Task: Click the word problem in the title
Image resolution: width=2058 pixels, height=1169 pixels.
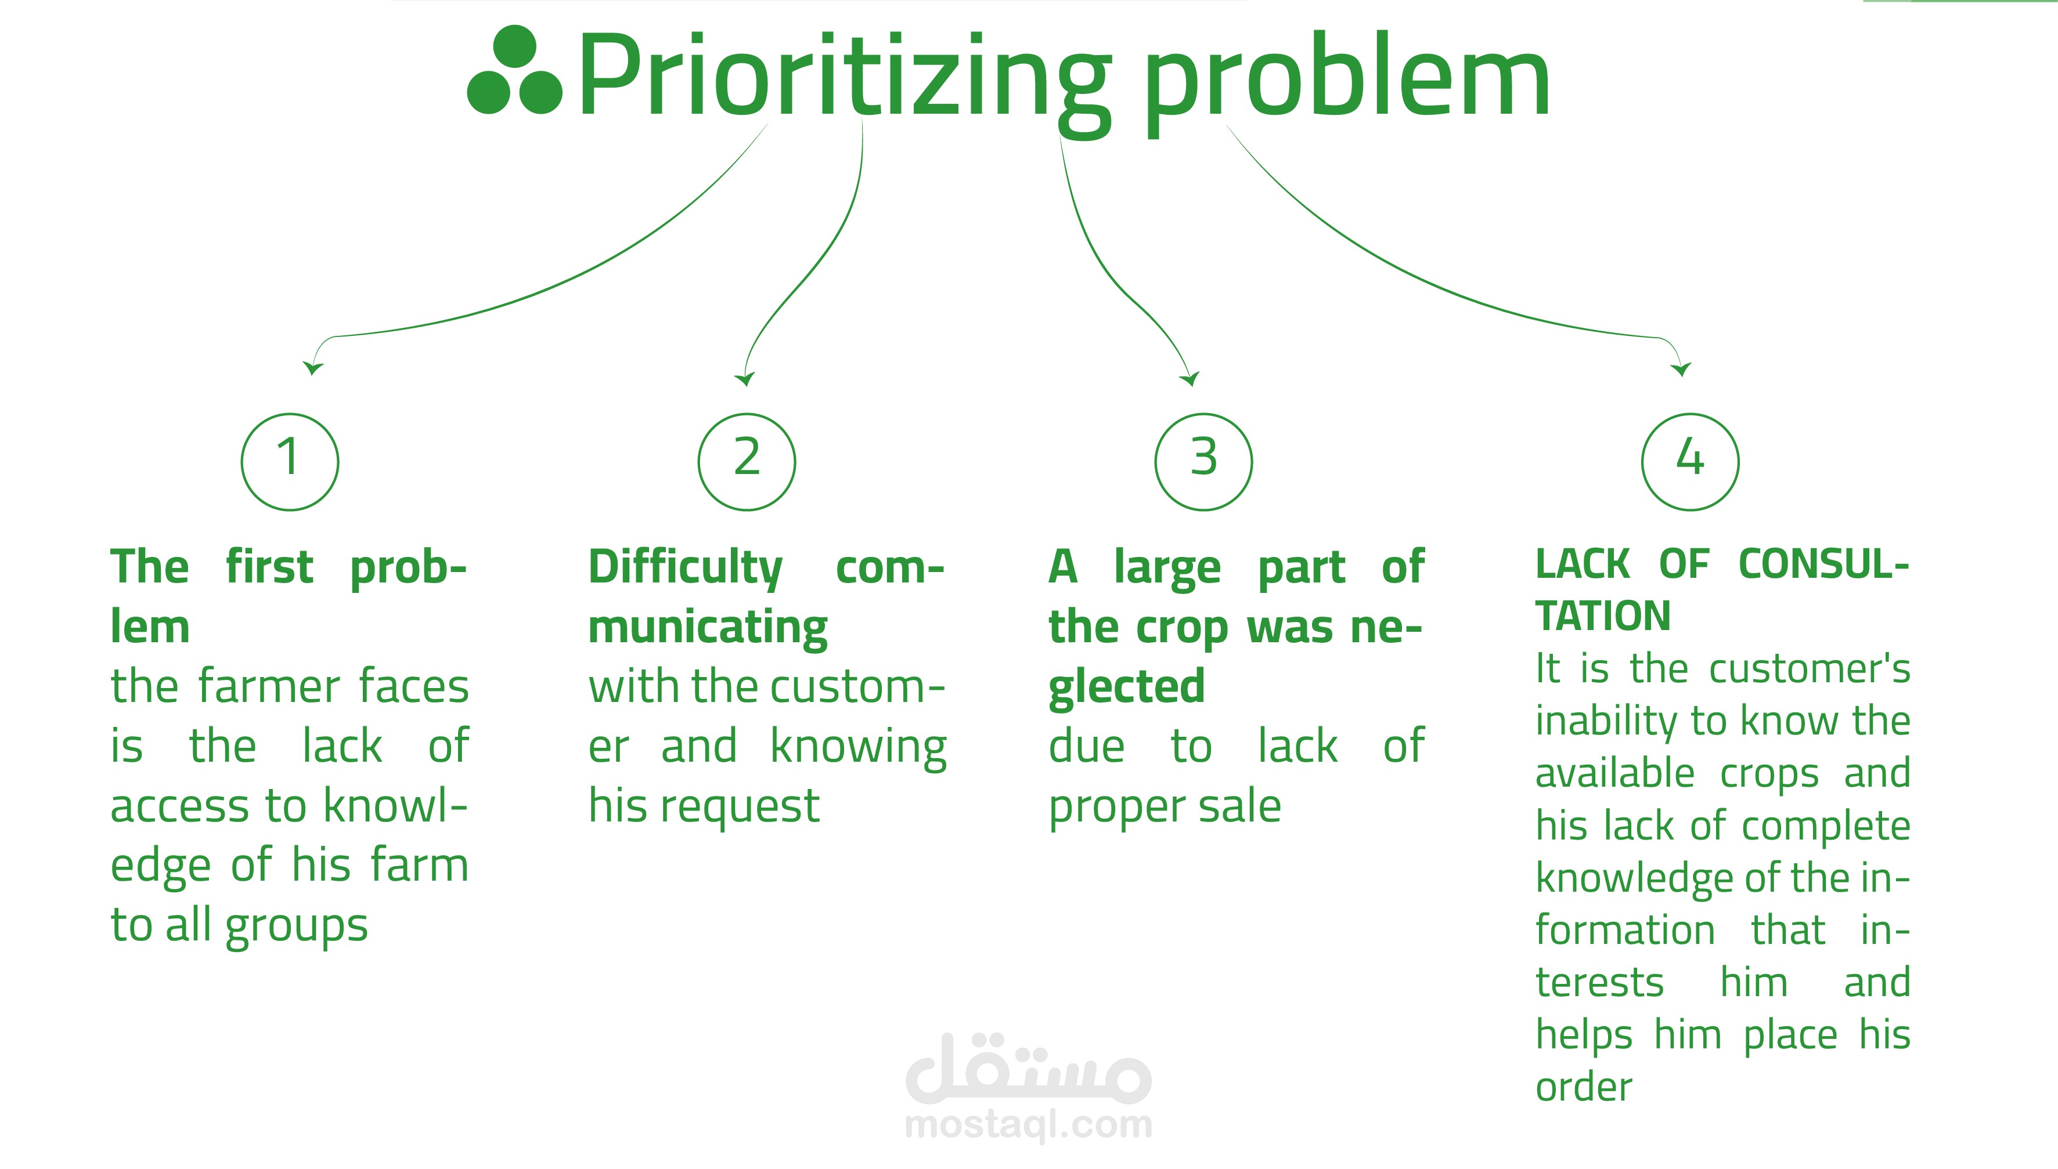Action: click(1346, 80)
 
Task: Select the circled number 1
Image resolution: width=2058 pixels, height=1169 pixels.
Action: click(290, 462)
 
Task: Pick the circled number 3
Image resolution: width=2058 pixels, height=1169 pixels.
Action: click(1203, 462)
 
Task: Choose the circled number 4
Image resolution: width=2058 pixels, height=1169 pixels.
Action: click(1690, 462)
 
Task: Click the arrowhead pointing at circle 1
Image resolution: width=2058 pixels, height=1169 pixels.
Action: click(312, 368)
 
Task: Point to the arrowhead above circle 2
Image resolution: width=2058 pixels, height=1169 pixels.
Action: click(745, 379)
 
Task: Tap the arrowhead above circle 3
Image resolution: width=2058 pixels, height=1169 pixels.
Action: click(1191, 379)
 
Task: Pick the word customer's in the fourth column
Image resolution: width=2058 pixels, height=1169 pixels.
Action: click(1809, 669)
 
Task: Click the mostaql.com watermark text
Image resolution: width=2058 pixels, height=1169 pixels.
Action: click(1028, 1125)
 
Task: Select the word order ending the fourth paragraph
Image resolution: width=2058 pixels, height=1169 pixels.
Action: click(1583, 1088)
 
